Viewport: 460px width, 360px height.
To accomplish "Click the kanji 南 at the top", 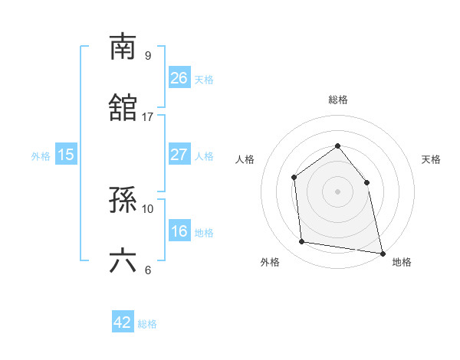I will pos(123,47).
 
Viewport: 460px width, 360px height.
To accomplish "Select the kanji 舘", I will pos(123,108).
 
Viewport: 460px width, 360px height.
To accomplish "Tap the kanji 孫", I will pos(123,200).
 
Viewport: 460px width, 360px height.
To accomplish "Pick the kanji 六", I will pos(123,261).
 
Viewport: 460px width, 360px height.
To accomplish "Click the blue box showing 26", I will pos(179,77).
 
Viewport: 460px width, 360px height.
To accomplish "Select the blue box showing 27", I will pos(179,154).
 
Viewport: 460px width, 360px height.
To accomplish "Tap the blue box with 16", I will pos(179,231).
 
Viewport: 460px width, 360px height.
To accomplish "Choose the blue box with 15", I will pos(66,154).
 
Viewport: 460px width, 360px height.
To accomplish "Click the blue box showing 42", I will pos(123,322).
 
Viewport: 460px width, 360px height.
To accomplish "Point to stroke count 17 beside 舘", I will pos(148,117).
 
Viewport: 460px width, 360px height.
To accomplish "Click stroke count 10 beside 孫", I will pos(148,208).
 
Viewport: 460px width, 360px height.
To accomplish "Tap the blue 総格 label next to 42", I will pos(147,324).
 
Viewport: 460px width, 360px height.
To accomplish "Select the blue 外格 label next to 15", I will pos(41,155).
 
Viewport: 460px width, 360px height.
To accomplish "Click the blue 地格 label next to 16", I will pos(204,232).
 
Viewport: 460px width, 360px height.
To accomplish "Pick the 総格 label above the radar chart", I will pos(337,100).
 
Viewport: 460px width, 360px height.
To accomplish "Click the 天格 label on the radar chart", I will pos(432,159).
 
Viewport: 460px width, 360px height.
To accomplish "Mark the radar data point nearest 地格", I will pos(382,252).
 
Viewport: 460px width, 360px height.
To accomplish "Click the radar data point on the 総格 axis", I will pos(337,145).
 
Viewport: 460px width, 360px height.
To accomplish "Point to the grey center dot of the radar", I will pos(337,191).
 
